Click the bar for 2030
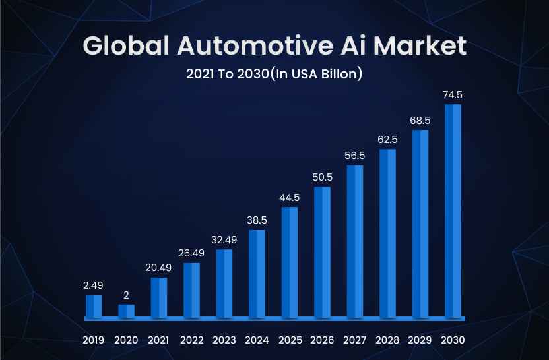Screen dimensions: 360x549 point(453,210)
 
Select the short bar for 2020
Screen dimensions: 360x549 point(126,311)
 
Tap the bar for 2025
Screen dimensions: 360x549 point(290,262)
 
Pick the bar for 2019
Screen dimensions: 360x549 point(94,306)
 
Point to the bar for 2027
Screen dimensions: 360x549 point(355,241)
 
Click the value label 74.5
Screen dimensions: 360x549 point(453,95)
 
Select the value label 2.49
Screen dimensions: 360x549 point(94,285)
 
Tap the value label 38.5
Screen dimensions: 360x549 point(257,220)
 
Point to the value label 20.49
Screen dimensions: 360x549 point(158,267)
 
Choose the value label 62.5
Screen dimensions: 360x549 point(387,140)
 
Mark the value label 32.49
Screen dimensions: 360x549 point(224,240)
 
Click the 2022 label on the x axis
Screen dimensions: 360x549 point(191,341)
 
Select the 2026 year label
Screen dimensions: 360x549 point(322,341)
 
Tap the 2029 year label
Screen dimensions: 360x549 point(420,341)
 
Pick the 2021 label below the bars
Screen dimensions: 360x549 point(158,341)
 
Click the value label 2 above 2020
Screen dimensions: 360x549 point(126,295)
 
